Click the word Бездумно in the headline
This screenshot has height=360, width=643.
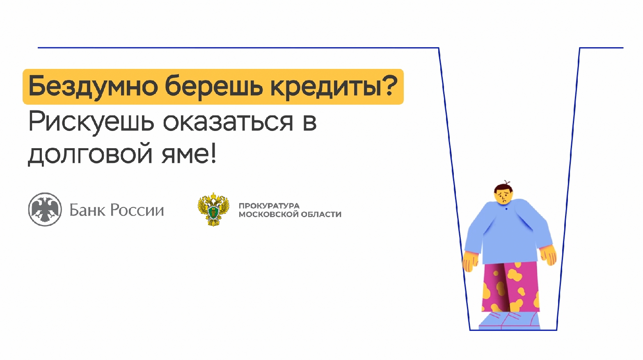[x=93, y=87]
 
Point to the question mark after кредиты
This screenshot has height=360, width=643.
[x=390, y=86]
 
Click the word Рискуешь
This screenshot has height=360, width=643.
[x=91, y=122]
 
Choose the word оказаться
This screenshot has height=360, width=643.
[x=228, y=122]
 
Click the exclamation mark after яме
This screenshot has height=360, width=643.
[x=213, y=154]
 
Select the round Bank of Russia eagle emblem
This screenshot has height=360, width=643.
[x=45, y=209]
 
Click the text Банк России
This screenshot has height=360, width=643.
[x=117, y=210]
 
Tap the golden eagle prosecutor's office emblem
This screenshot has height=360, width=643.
[x=213, y=209]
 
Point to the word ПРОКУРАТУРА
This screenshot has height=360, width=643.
[x=269, y=206]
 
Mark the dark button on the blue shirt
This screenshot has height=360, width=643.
[x=506, y=209]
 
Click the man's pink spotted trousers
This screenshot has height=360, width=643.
[x=510, y=287]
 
